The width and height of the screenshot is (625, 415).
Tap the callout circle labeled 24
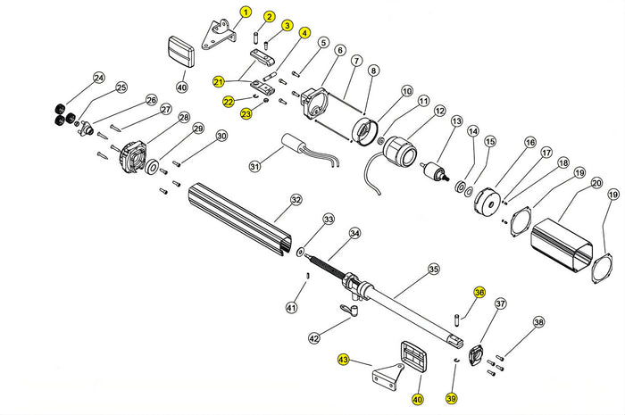click(x=98, y=78)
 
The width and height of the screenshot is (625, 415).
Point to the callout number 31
click(x=254, y=166)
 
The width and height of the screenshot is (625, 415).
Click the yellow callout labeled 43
click(x=343, y=360)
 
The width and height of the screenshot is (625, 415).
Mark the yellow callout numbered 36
click(x=479, y=293)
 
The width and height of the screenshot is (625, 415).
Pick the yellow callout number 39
click(x=451, y=398)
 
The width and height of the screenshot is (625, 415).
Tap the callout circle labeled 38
click(x=537, y=321)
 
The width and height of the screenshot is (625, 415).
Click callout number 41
click(x=290, y=308)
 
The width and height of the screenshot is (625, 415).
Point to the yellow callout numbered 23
click(x=246, y=113)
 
